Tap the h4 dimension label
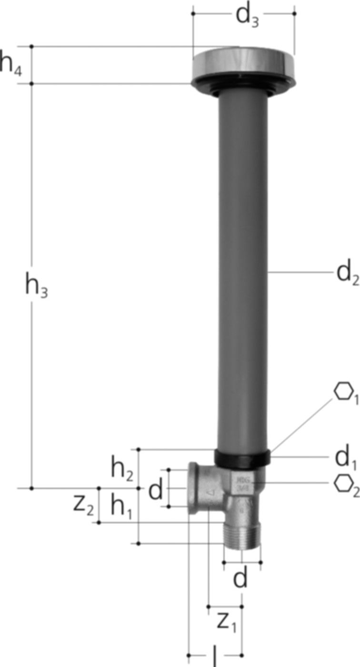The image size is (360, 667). (10, 64)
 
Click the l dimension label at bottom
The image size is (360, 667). (214, 657)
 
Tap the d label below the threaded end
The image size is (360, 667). (241, 579)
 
